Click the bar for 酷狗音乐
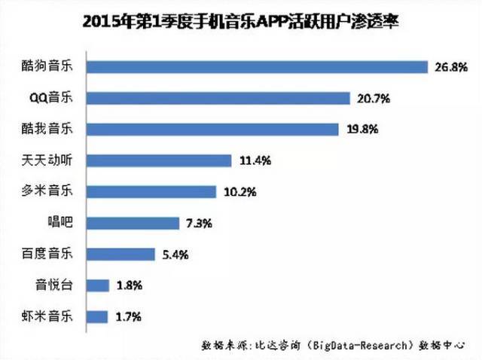258,67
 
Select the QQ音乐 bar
219,98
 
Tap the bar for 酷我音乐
214,129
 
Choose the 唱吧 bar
133,223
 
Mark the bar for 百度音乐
121,254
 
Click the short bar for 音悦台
98,285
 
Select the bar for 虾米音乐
98,316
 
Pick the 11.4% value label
253,160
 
